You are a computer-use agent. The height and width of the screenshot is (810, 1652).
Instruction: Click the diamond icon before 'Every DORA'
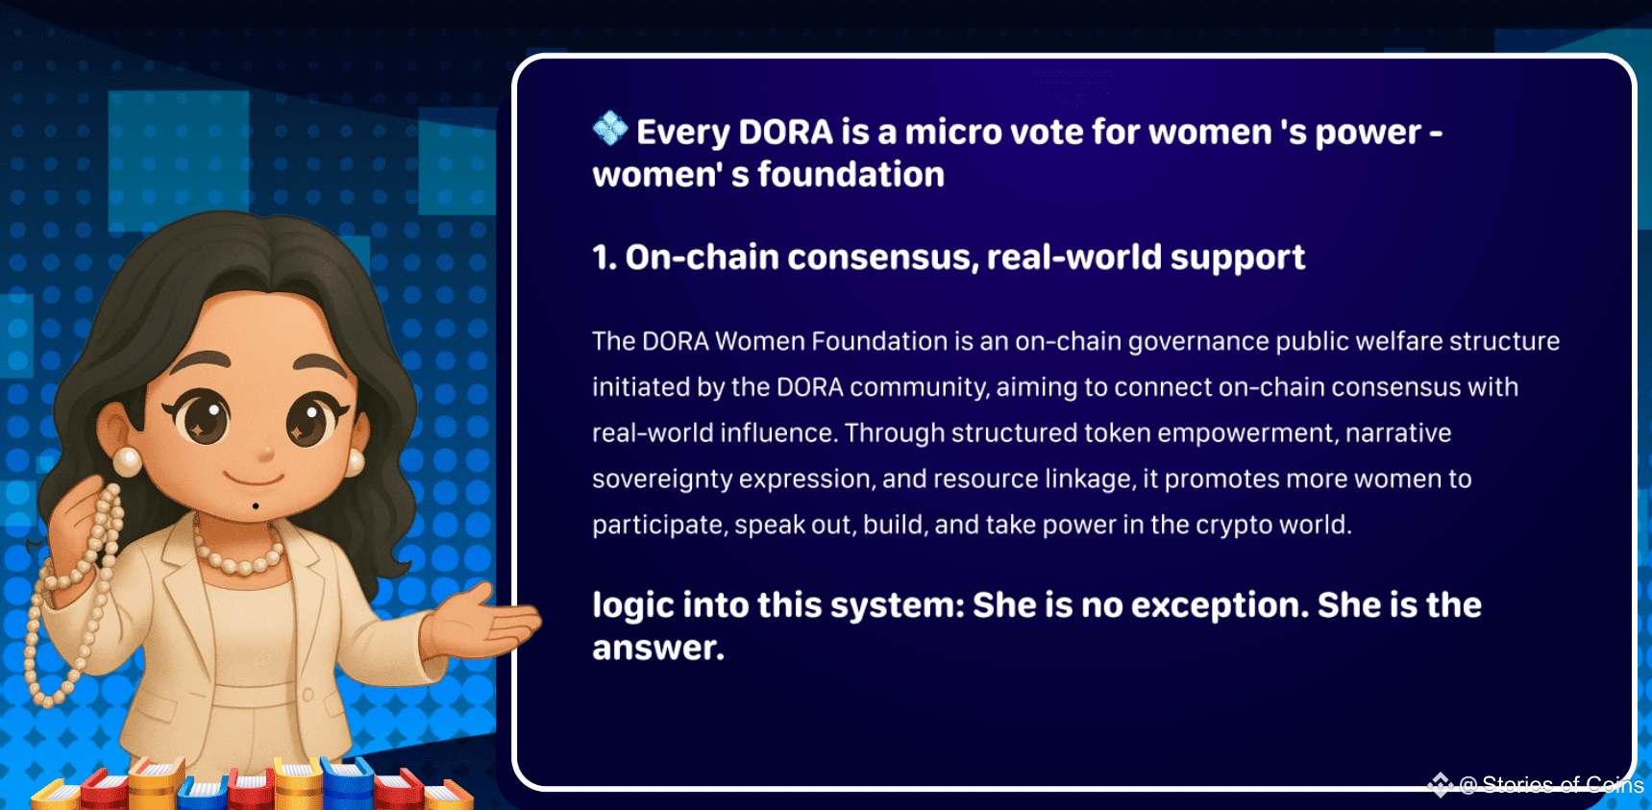pyautogui.click(x=609, y=128)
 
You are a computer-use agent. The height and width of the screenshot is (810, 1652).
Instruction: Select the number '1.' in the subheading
pyautogui.click(x=604, y=258)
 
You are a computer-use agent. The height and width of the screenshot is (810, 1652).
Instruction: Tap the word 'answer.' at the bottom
pyautogui.click(x=658, y=649)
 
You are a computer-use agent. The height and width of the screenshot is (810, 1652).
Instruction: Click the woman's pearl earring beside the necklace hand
pyautogui.click(x=127, y=462)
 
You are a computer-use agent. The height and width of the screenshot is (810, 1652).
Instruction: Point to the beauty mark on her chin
pyautogui.click(x=256, y=506)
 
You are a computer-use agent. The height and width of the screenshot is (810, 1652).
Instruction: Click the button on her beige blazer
pyautogui.click(x=308, y=694)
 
